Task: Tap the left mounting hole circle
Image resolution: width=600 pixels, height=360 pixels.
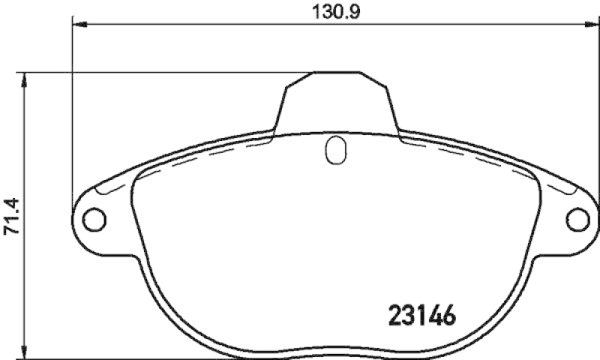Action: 94,219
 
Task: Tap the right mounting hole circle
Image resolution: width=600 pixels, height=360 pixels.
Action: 577,219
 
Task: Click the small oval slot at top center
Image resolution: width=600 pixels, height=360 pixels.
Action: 335,150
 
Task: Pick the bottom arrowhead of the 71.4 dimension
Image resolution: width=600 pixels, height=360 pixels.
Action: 25,352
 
